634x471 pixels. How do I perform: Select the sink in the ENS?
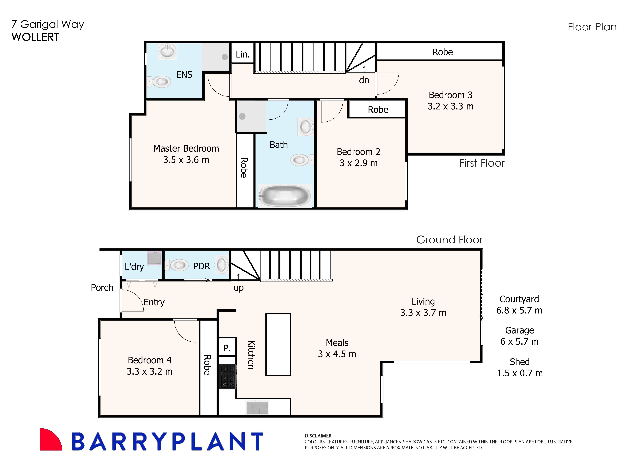[x=167, y=52]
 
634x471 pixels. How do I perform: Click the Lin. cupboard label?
[x=243, y=54]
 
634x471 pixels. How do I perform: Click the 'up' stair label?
[x=239, y=288]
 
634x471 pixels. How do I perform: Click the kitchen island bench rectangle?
[x=278, y=344]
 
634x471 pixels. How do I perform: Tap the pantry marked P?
[x=227, y=348]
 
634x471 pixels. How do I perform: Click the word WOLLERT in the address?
[x=35, y=37]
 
